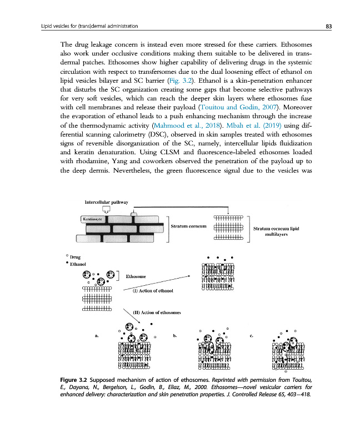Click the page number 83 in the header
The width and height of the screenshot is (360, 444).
click(328, 26)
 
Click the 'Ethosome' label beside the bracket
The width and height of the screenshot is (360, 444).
click(137, 276)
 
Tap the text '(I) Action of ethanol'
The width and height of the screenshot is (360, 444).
click(153, 290)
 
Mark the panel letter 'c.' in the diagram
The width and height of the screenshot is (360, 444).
click(253, 336)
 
